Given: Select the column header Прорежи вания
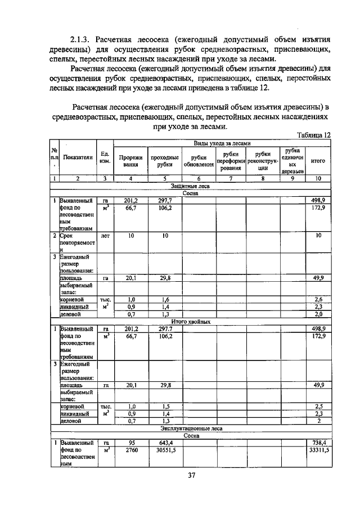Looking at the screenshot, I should pos(131,161).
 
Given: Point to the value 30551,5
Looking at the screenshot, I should pos(165,451).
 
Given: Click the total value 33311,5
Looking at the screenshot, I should pos(318,451).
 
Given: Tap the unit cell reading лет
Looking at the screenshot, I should pos(104,236).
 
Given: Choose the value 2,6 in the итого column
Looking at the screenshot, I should pos(318,300).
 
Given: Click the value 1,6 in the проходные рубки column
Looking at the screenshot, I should pos(165,300).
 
